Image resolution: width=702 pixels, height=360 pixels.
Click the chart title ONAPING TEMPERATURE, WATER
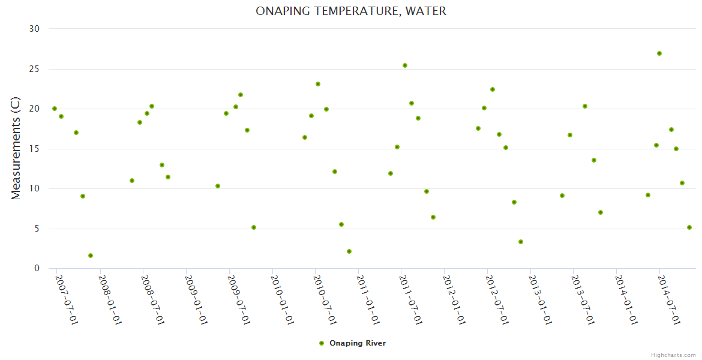click(x=351, y=11)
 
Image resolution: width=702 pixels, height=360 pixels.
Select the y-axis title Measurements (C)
click(x=16, y=148)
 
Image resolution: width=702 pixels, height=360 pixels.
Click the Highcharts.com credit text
click(x=673, y=355)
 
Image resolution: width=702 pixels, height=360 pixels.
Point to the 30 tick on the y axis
click(x=34, y=29)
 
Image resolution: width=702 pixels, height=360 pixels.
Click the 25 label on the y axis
click(x=34, y=69)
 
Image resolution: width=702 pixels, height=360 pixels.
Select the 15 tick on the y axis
click(x=34, y=149)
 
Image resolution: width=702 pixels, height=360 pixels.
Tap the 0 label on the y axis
click(x=37, y=269)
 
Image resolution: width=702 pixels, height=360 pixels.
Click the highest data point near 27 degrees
click(x=659, y=53)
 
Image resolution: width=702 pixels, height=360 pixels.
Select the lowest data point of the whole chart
click(x=91, y=256)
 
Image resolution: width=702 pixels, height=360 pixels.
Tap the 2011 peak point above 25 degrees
click(x=405, y=65)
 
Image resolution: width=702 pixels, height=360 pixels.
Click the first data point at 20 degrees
click(x=55, y=109)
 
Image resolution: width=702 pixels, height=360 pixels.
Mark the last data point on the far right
click(x=689, y=227)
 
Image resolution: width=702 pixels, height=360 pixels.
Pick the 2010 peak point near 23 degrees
click(x=318, y=84)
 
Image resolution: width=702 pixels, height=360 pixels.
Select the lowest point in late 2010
click(x=349, y=251)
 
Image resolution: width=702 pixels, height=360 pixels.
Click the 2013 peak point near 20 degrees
click(x=585, y=106)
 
